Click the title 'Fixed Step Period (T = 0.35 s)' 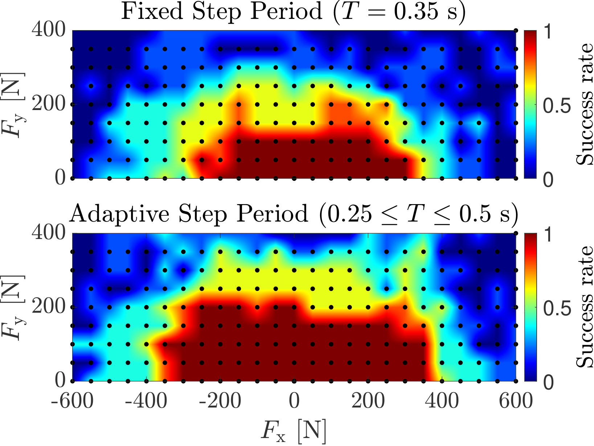coord(293,12)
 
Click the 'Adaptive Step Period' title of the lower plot coord(293,214)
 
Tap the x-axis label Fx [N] coord(293,431)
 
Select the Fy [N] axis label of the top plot coord(14,105)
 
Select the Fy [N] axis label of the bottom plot coord(14,307)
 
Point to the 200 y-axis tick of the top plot coord(49,105)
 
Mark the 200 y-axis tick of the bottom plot coord(49,307)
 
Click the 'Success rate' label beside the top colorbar coord(584,105)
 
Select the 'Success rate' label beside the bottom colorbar coord(584,307)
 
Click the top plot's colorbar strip coord(530,105)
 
